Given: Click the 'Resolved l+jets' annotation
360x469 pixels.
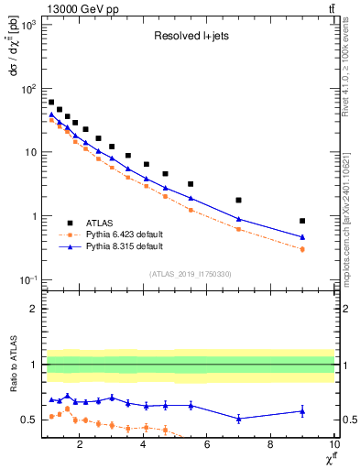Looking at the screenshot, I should coord(190,38).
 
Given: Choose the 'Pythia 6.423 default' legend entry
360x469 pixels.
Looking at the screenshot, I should coord(136,234).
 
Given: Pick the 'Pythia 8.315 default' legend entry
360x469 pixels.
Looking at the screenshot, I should coord(136,246).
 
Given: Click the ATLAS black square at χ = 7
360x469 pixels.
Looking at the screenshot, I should coord(238,200).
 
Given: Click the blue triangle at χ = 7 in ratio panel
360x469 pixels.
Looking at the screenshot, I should coord(238,419).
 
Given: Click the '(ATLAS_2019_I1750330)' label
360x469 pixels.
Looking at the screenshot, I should coord(190,274).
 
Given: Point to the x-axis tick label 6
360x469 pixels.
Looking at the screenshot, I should coord(207,447).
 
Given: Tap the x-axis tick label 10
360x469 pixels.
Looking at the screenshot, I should coord(333,447).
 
